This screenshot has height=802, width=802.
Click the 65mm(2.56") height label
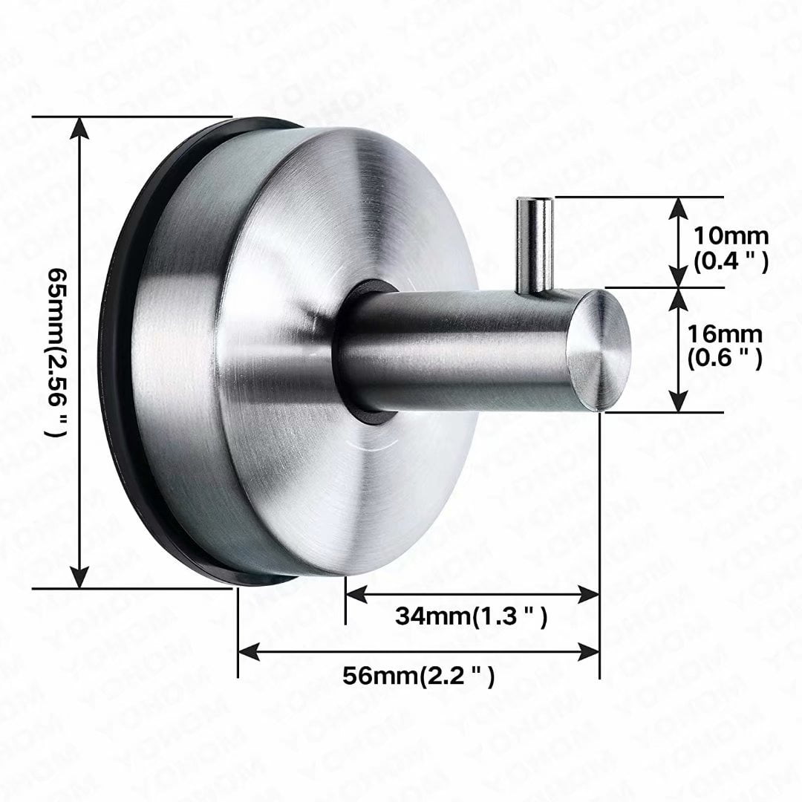pos(58,353)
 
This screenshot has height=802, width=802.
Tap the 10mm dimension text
pos(731,236)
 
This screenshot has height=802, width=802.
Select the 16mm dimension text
pos(725,334)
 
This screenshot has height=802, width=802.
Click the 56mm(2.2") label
pos(419,677)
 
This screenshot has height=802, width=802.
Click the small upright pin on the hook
pos(535,246)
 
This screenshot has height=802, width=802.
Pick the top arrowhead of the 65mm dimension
pos(79,128)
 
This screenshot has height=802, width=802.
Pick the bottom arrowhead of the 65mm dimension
pos(79,576)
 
